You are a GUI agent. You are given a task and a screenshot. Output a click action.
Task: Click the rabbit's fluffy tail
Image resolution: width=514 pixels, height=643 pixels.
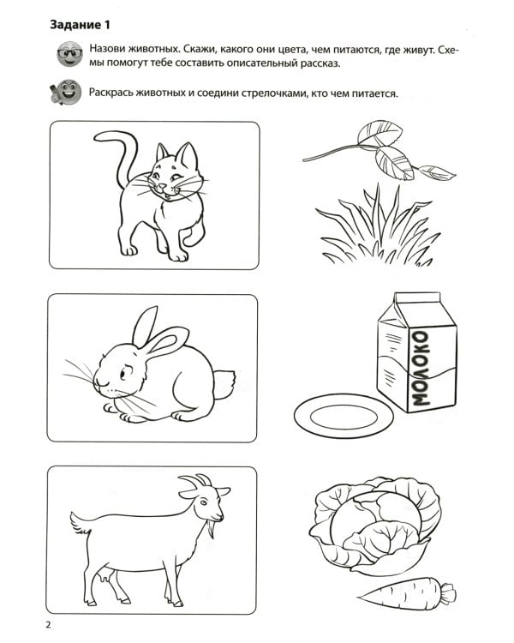pyautogui.click(x=224, y=383)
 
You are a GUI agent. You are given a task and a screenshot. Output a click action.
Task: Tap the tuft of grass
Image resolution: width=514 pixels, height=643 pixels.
pyautogui.click(x=377, y=227)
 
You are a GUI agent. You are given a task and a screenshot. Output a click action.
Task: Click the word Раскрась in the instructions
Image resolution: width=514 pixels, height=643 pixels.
pyautogui.click(x=117, y=93)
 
